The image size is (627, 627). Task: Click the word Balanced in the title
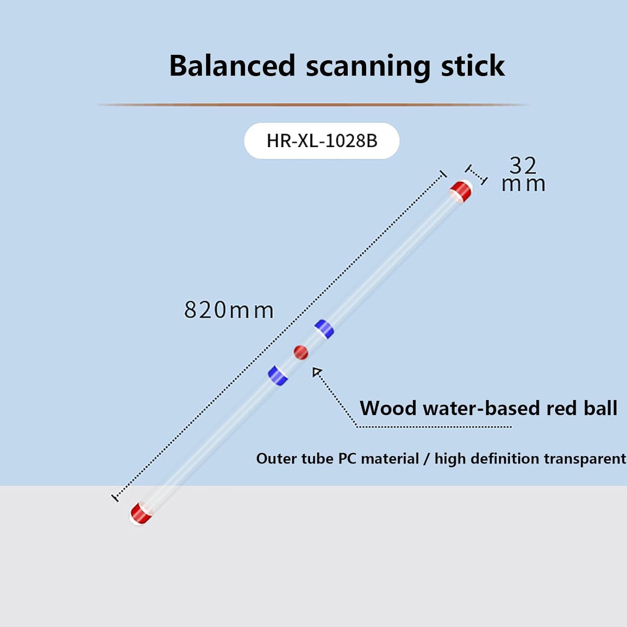(232, 66)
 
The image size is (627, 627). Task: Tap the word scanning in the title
(368, 67)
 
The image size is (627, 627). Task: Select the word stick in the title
(473, 66)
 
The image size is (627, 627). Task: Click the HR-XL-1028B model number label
(322, 141)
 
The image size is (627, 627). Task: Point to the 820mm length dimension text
(229, 310)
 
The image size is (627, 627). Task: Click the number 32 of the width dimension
(523, 166)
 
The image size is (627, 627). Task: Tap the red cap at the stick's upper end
(461, 191)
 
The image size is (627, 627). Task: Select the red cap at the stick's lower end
(141, 513)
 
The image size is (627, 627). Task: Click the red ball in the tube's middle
(301, 352)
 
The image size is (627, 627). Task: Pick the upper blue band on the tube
(324, 329)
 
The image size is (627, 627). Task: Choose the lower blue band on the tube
(278, 375)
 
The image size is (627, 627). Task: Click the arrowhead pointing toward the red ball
(317, 372)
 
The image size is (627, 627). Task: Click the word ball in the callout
(600, 408)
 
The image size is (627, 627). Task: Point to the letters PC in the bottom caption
(347, 459)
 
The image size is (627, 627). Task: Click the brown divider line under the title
(313, 104)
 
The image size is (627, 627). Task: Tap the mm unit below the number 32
(523, 184)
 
